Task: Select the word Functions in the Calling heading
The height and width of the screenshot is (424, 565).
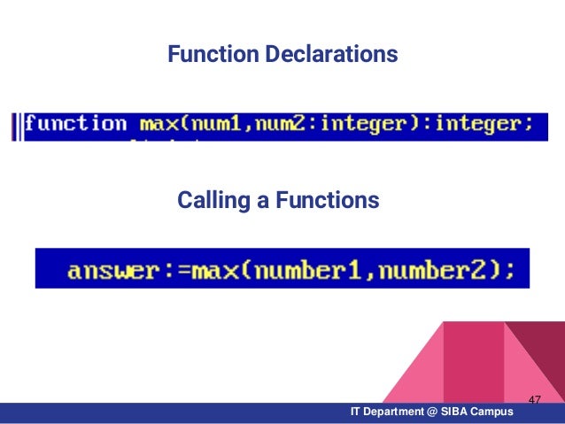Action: coord(328,202)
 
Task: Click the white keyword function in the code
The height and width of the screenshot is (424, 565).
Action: coord(75,124)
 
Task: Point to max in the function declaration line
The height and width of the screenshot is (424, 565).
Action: coord(159,124)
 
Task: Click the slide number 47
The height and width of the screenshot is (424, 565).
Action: coord(534,401)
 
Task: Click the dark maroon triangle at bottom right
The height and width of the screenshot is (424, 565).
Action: coord(542,354)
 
